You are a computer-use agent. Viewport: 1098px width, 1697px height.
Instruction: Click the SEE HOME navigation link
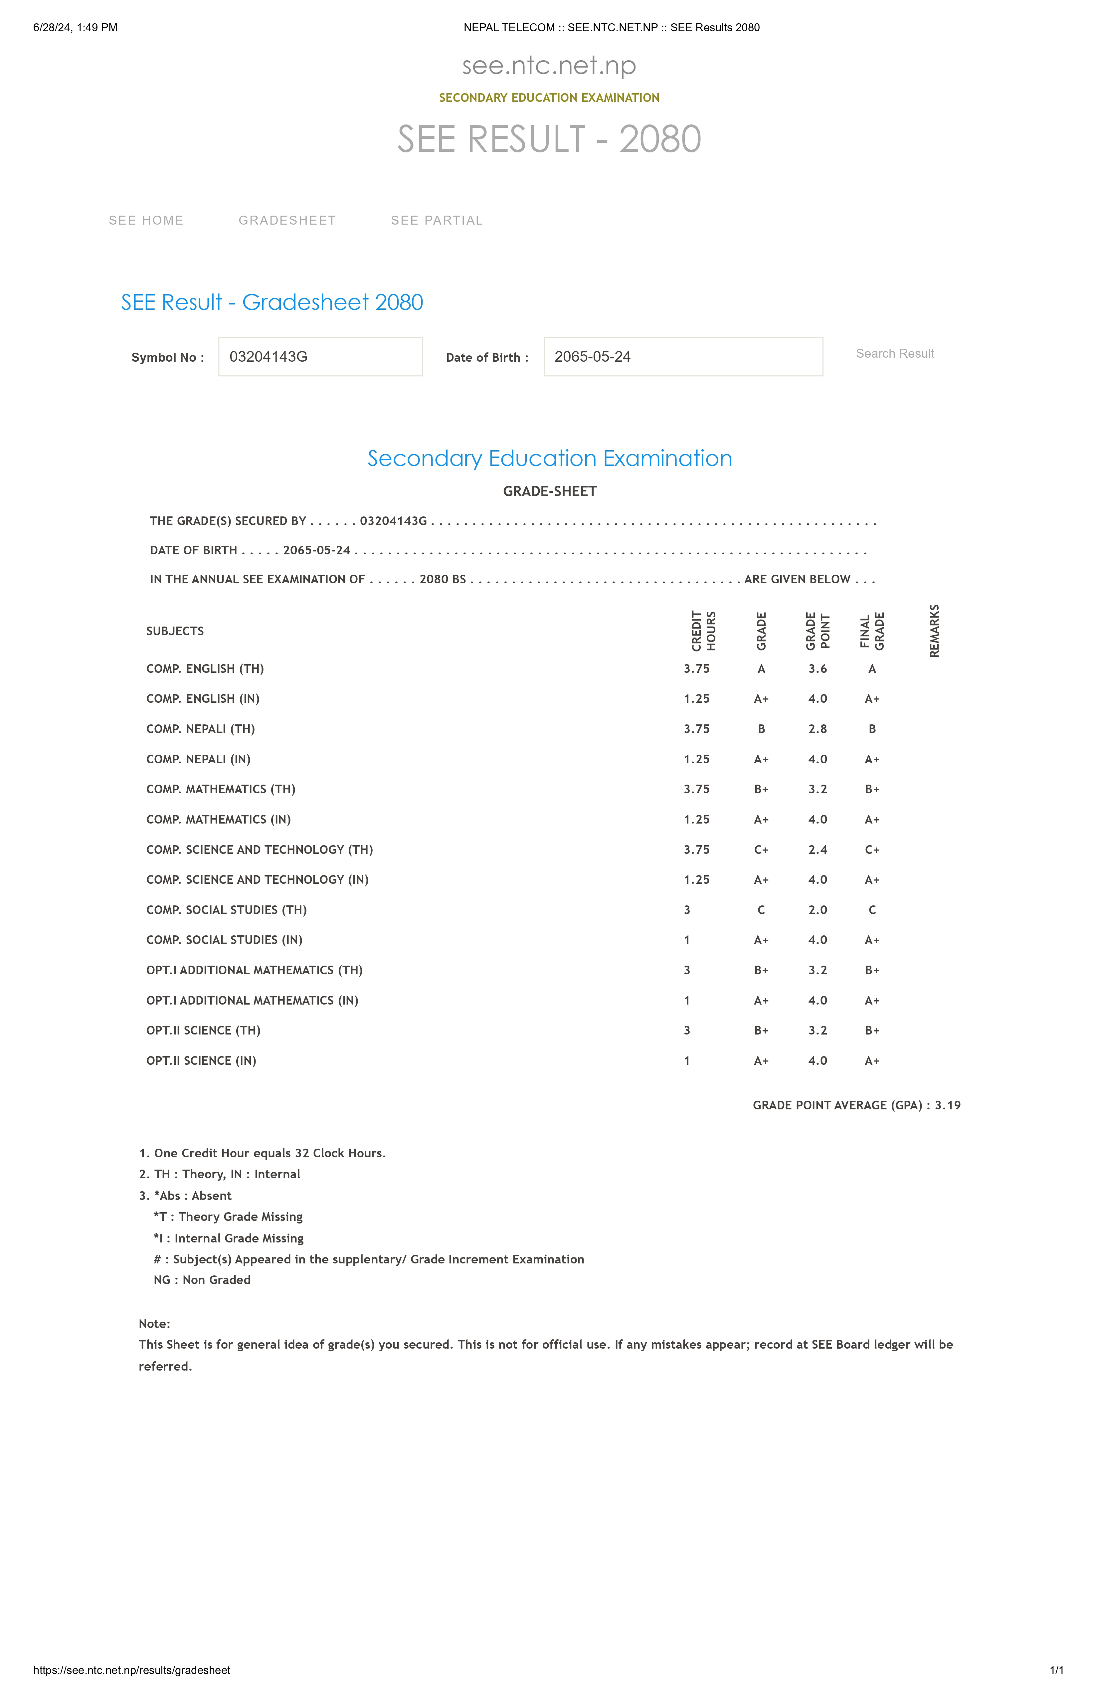[146, 220]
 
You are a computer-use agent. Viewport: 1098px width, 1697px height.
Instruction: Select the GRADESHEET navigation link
[287, 220]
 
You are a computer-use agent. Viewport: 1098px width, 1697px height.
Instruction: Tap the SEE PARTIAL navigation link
[436, 220]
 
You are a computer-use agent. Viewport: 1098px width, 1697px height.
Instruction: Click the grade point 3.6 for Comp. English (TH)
[818, 669]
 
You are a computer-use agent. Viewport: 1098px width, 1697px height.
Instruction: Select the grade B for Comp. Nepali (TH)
[762, 729]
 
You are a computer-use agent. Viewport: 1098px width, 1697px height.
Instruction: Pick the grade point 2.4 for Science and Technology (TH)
[818, 849]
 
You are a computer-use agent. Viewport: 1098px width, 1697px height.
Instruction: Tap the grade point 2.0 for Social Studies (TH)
[818, 910]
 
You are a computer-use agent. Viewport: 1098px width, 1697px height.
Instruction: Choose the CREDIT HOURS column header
[704, 631]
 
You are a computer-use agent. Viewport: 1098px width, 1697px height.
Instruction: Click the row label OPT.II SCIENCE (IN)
[201, 1060]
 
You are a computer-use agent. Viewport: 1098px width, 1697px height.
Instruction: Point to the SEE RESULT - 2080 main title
[549, 139]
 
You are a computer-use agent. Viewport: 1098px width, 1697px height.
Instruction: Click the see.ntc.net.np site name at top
[549, 66]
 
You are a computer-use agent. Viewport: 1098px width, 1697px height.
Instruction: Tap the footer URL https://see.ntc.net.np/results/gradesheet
[132, 1670]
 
